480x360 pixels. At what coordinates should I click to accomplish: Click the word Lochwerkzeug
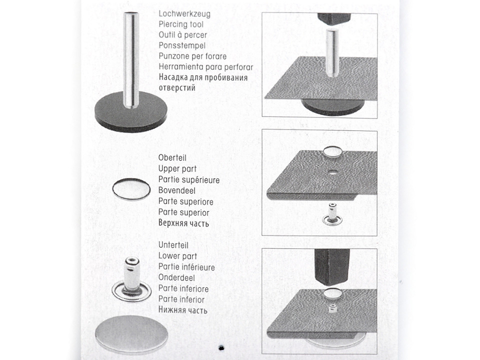tap(184, 14)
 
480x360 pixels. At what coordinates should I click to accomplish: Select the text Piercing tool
tap(181, 24)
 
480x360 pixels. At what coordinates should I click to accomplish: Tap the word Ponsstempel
tap(182, 45)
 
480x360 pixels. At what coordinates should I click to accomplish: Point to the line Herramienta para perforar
tap(205, 66)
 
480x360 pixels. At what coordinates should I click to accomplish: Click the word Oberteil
tap(172, 157)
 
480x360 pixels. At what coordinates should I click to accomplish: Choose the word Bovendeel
tap(177, 190)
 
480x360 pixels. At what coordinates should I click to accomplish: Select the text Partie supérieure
tap(189, 179)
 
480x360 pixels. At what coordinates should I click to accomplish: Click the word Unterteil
tap(173, 245)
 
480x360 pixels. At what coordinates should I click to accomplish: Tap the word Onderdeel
tap(176, 277)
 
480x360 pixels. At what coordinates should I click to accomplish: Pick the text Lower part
tap(177, 256)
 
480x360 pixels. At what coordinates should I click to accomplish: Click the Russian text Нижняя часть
tap(183, 310)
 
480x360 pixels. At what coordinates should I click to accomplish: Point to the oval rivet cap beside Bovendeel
tap(131, 189)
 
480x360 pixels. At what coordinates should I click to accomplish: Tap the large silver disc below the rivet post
tap(131, 334)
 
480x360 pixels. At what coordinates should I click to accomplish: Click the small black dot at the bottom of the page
tap(221, 348)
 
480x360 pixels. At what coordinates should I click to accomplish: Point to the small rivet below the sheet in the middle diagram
tap(332, 214)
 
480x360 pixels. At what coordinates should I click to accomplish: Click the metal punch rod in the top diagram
tap(332, 52)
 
